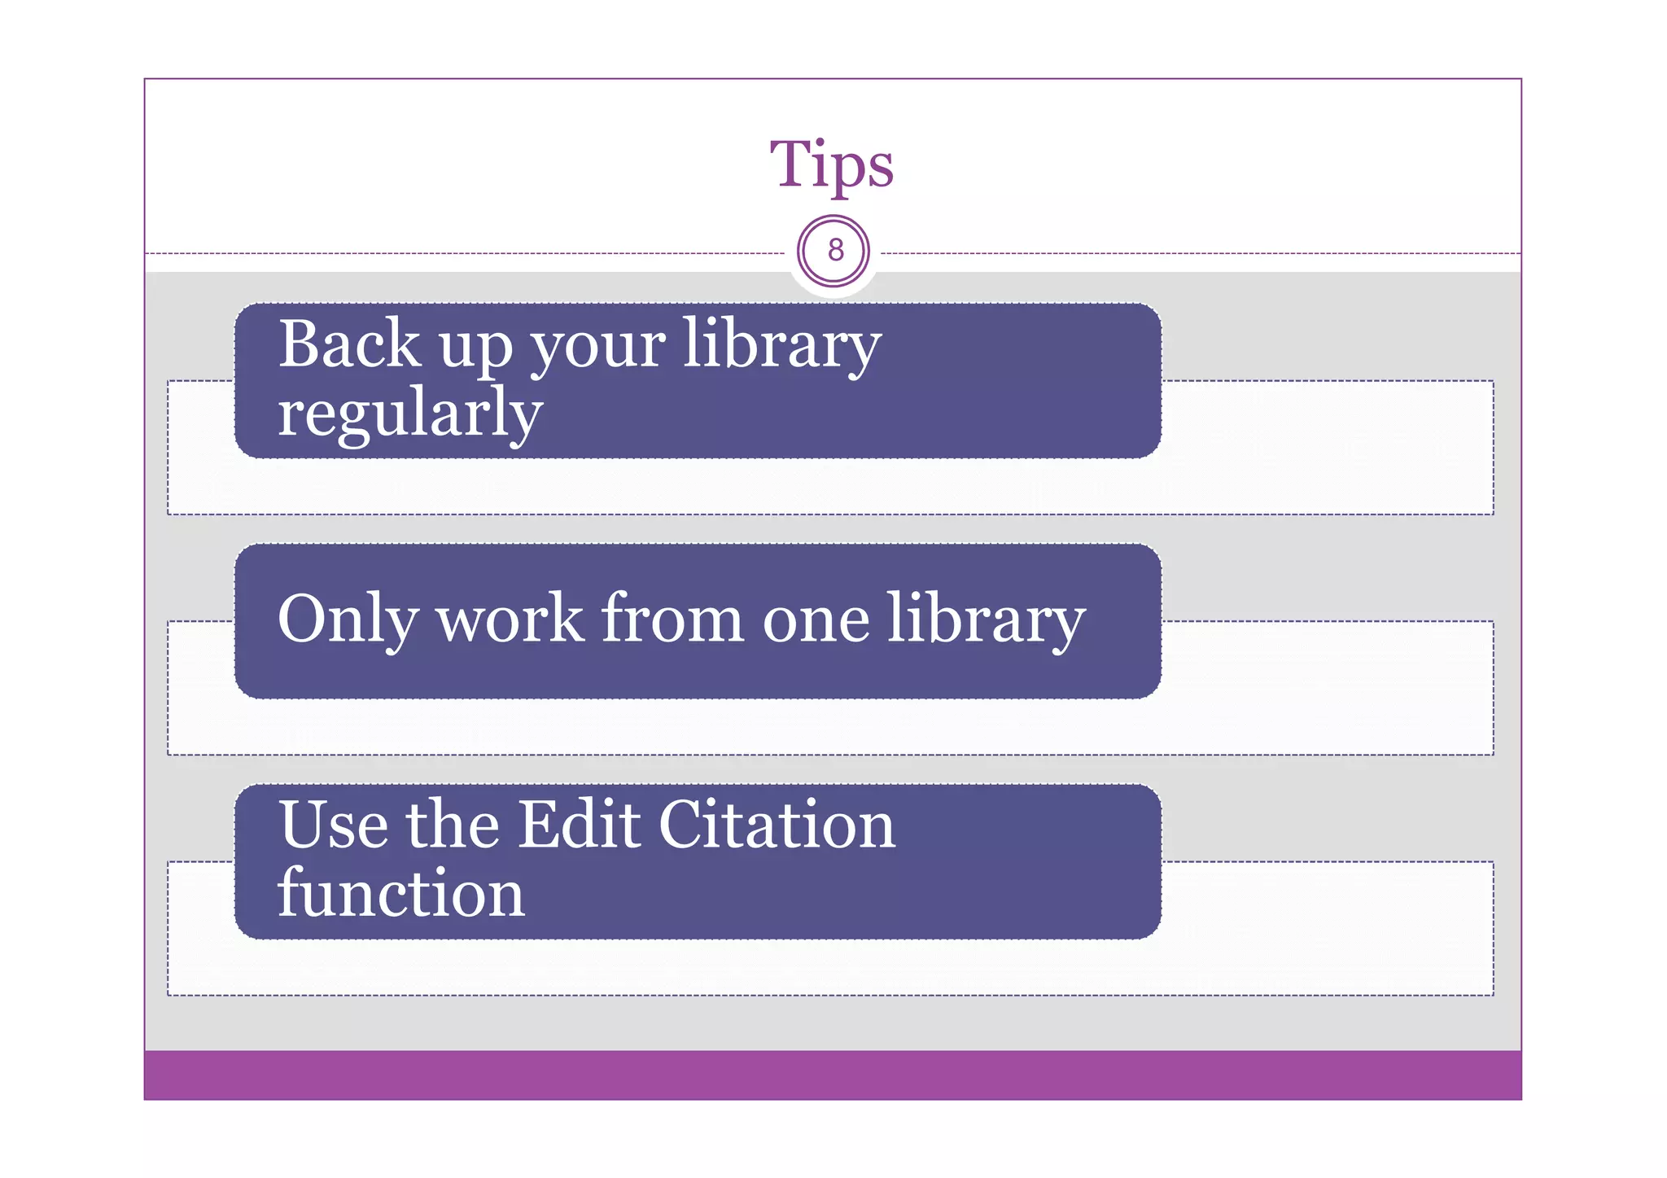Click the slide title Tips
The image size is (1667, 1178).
coord(832,164)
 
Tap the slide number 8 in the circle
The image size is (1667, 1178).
coord(834,250)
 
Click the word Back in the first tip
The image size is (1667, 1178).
coord(349,344)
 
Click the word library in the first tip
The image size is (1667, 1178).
coord(781,345)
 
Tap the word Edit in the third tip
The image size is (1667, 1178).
coord(579,825)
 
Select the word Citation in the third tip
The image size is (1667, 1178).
coord(777,825)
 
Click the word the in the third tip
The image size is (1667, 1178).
coord(453,825)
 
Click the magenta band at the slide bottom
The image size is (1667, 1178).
coord(832,1075)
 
